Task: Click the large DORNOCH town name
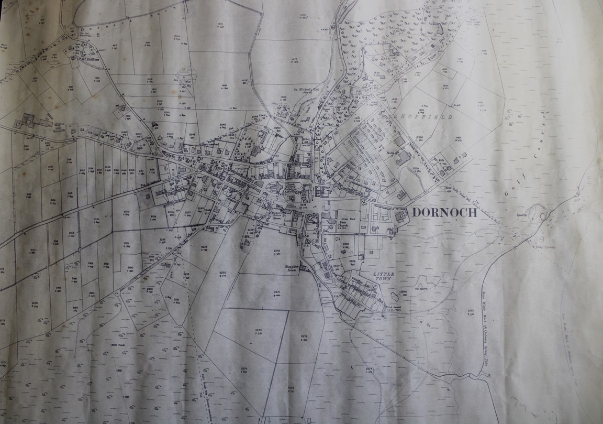[x=444, y=213]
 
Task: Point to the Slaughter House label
[x=291, y=269]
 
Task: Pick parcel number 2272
[x=259, y=330]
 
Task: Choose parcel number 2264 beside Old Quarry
[x=404, y=292]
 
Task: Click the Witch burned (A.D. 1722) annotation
[x=393, y=308]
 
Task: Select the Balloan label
[x=86, y=59]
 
